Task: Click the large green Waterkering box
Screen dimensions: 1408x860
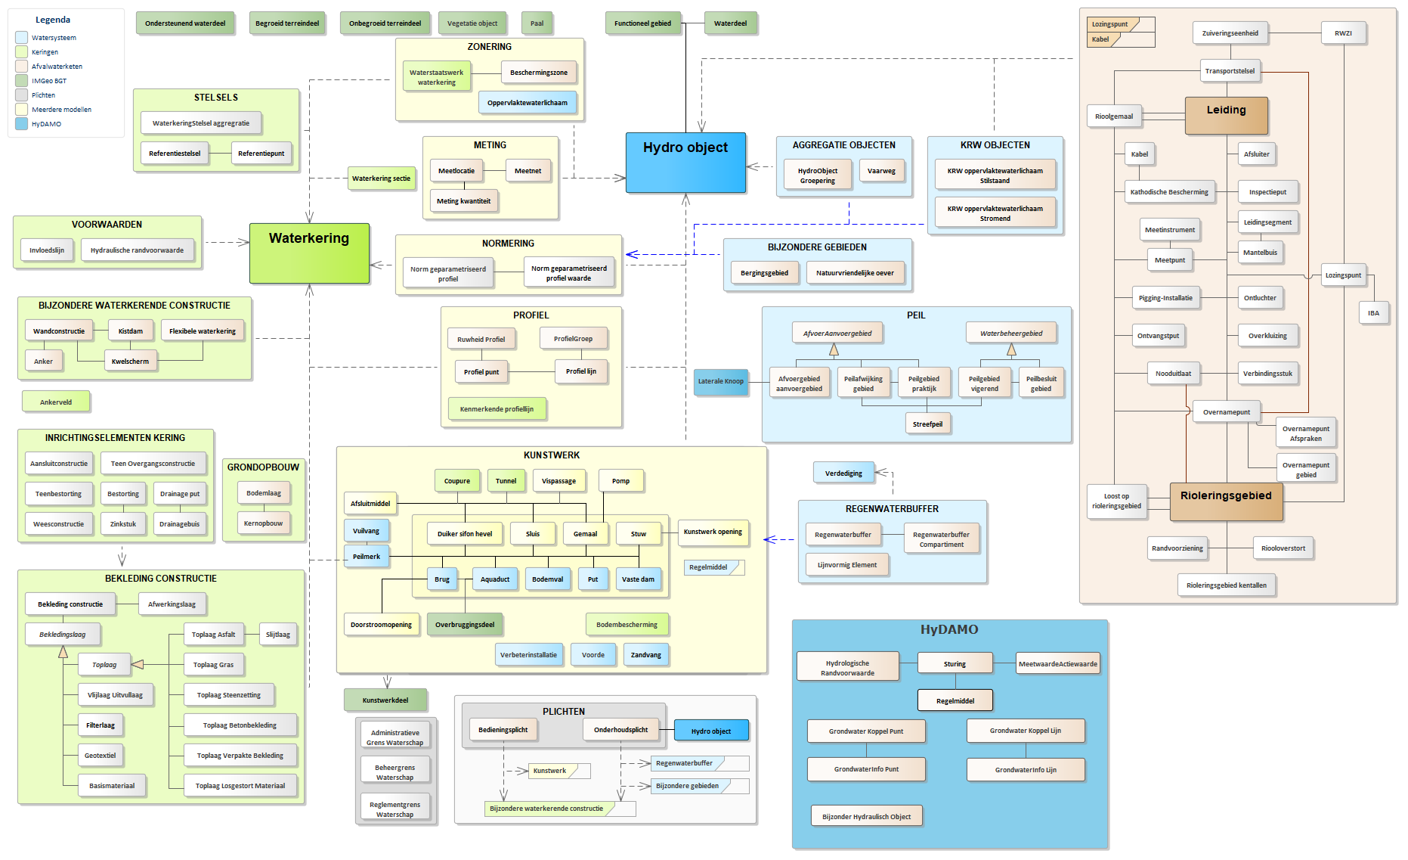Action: point(309,253)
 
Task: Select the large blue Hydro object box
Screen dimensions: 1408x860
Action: point(685,163)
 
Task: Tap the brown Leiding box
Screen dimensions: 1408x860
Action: point(1226,116)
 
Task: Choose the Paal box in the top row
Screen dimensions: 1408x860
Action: point(537,23)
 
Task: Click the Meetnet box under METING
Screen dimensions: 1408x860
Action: point(528,171)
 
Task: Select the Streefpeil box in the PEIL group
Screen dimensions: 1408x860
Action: point(927,424)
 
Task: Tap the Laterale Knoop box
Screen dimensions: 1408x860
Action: point(721,381)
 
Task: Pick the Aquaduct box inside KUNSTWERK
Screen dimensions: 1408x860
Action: point(495,579)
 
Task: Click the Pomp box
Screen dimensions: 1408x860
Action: point(620,481)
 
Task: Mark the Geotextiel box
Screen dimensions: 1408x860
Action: point(101,756)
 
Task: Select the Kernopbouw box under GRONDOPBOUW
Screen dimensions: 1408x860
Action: point(263,523)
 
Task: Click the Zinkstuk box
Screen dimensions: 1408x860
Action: point(123,523)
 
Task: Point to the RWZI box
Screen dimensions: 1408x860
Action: point(1343,33)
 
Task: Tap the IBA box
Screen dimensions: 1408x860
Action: point(1373,313)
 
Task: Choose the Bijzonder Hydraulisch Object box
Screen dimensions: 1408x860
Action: point(866,816)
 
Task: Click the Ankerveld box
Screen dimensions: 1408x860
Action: point(56,402)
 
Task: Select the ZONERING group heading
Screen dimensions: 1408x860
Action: point(490,47)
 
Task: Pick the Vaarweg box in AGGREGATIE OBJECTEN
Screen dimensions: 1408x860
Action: point(881,171)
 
